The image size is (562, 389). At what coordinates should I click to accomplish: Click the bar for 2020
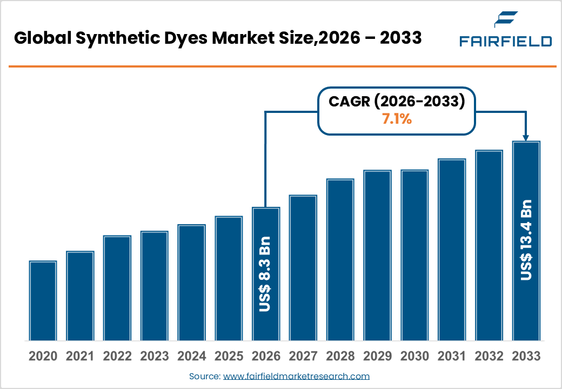(x=43, y=300)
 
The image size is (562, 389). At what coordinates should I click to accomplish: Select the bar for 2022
(x=117, y=288)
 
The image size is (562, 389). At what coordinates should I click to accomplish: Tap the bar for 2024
(x=191, y=283)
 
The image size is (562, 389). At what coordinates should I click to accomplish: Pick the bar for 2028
(x=340, y=259)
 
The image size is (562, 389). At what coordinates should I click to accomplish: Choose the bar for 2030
(x=414, y=255)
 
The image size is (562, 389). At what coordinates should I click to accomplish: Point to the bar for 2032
(x=489, y=245)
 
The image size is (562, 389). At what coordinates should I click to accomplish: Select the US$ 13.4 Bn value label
(x=526, y=240)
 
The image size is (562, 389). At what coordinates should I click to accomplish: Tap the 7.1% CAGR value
(x=397, y=120)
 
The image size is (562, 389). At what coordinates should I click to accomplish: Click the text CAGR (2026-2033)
(x=397, y=102)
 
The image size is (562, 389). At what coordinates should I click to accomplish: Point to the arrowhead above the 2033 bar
(x=526, y=137)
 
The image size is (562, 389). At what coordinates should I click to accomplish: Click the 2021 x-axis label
(x=80, y=357)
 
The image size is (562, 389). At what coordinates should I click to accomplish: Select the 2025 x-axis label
(x=229, y=357)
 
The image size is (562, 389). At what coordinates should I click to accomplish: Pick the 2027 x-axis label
(x=303, y=357)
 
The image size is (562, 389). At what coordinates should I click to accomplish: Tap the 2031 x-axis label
(x=451, y=357)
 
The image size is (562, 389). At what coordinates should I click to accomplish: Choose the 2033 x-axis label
(x=526, y=357)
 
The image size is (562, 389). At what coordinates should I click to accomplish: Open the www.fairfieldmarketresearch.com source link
(x=296, y=376)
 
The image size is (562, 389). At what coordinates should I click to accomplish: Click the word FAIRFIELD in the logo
(x=505, y=41)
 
